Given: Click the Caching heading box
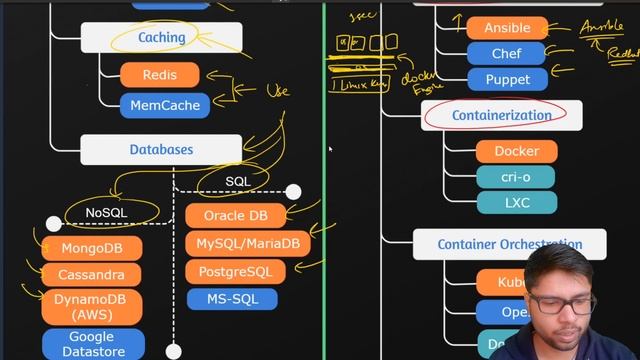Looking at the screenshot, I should (161, 37).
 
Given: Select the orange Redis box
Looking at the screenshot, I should (160, 75).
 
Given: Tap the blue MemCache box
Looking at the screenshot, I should (164, 105).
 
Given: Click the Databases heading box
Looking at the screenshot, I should (161, 150).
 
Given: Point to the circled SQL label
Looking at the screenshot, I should (238, 181).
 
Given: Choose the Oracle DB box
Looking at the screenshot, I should (236, 215).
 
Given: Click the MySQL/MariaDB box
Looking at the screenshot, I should (248, 243).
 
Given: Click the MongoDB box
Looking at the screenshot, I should (91, 247).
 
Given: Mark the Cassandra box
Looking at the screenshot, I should (91, 274).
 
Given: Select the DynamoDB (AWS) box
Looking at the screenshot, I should (91, 307).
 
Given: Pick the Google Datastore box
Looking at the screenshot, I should (91, 343).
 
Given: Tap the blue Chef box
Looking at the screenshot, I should (506, 53).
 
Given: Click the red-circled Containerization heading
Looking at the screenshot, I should (501, 115).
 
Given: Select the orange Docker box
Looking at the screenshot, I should (516, 151).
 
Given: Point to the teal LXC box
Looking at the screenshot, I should (516, 202).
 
